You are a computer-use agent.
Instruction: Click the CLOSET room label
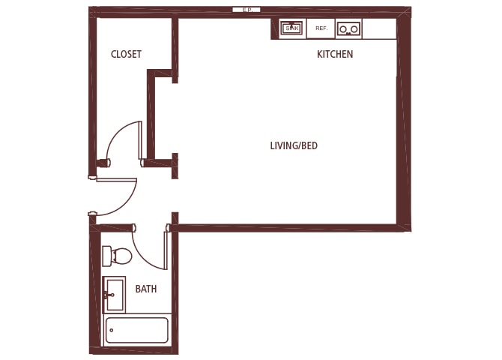[126, 54]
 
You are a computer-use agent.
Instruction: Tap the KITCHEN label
[335, 55]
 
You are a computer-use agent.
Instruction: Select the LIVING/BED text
[294, 145]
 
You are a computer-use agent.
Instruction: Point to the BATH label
[145, 289]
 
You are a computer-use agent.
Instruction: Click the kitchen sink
[291, 28]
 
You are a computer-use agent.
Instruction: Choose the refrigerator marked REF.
[321, 28]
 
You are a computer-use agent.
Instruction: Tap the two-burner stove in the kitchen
[348, 28]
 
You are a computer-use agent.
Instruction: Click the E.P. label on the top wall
[247, 10]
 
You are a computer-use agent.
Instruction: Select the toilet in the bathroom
[118, 256]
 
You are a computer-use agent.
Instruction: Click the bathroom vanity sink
[114, 294]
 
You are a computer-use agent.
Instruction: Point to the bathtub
[137, 330]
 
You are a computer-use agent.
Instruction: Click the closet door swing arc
[120, 135]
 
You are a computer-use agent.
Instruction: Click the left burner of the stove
[343, 29]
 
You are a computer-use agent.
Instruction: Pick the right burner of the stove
[354, 29]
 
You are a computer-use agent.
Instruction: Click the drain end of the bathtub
[112, 330]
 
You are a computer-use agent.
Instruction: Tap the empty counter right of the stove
[379, 28]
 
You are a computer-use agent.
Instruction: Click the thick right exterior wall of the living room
[404, 120]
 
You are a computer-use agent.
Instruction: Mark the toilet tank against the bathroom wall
[106, 256]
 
